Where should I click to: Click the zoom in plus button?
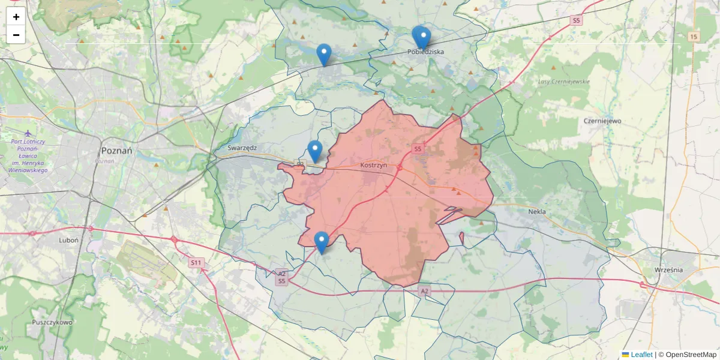pos(16,17)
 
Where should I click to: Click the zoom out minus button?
pos(16,35)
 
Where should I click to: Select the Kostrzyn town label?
pos(374,164)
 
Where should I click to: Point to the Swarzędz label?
pos(242,147)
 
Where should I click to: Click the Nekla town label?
pos(537,211)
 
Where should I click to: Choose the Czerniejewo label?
pos(602,120)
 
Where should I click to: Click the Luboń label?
pos(69,239)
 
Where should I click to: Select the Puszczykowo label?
pos(53,322)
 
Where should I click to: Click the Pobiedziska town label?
pos(425,52)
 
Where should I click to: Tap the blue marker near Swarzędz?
pos(315,151)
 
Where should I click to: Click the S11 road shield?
pos(196,262)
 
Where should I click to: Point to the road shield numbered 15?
pos(694,37)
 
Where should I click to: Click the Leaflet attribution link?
pos(641,355)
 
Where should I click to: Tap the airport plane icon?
pos(28,133)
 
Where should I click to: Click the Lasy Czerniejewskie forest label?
pos(564,82)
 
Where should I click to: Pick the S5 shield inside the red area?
pos(418,148)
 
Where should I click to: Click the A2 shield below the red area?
pos(425,291)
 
